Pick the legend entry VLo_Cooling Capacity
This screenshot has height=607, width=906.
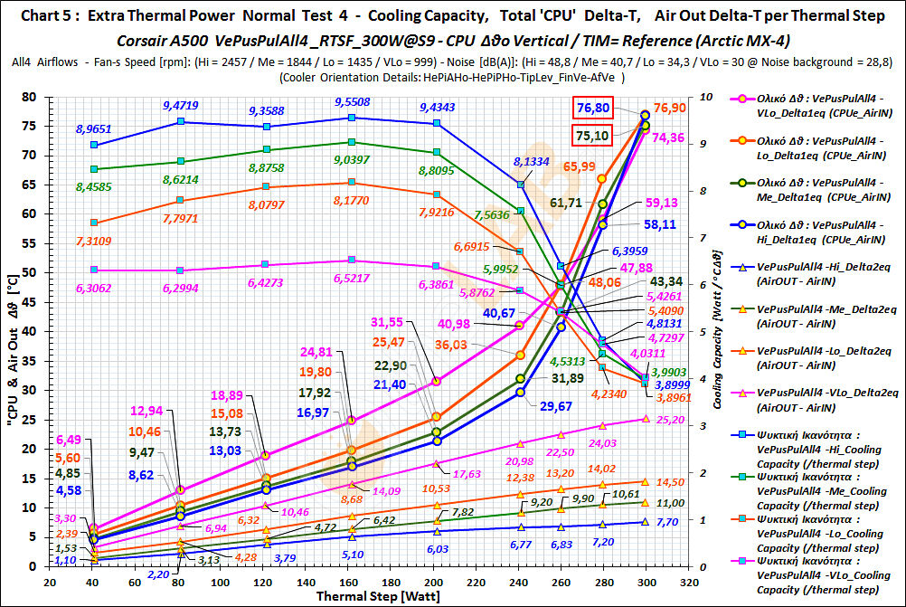coord(821,581)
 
